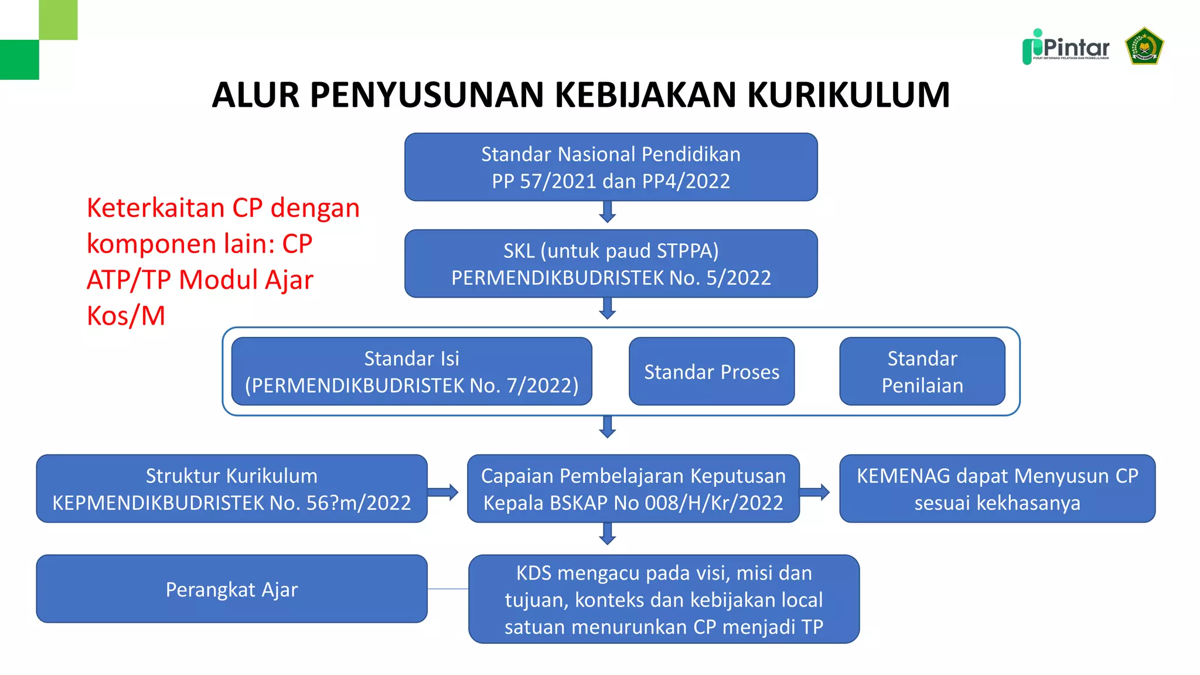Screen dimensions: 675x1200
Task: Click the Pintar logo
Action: [1066, 47]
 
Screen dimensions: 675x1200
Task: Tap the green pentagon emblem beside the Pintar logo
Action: [1144, 46]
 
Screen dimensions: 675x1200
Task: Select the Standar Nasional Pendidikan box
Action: [611, 167]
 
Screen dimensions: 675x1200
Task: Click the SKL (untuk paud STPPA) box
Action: [611, 264]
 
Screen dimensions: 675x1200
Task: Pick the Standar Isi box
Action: [411, 371]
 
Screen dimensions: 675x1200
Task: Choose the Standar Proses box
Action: [711, 371]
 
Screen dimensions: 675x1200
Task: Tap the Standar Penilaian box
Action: [922, 371]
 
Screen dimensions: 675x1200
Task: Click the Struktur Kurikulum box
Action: [231, 489]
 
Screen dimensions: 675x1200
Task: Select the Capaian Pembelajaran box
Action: [633, 489]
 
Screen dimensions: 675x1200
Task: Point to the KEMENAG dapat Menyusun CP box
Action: [997, 489]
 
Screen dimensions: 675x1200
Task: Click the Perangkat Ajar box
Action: [231, 589]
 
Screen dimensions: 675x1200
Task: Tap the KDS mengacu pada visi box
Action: [663, 599]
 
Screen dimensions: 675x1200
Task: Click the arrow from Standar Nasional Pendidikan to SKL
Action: [608, 212]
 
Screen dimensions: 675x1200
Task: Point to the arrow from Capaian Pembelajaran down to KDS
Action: [608, 534]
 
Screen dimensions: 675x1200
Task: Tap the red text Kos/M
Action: [126, 316]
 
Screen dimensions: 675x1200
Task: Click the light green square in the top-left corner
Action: [58, 19]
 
